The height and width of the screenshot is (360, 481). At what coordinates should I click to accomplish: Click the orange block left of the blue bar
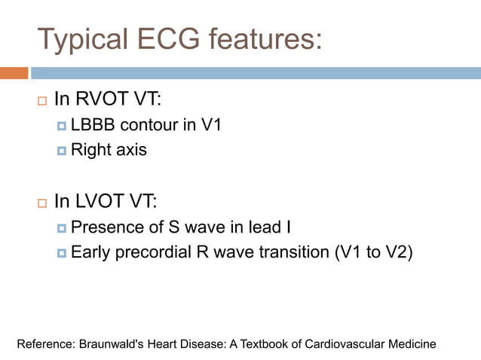(x=14, y=73)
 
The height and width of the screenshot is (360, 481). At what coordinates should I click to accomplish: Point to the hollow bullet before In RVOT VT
(x=41, y=99)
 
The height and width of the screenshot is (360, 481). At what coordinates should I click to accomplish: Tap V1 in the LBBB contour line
(x=209, y=125)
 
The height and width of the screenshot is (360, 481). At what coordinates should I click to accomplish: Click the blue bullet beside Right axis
(x=62, y=150)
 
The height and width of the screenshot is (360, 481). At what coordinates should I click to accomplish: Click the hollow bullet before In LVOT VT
(x=41, y=202)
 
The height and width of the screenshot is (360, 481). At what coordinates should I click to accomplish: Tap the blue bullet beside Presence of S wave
(x=62, y=227)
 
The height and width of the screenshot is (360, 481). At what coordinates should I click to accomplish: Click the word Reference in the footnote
(x=45, y=344)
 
